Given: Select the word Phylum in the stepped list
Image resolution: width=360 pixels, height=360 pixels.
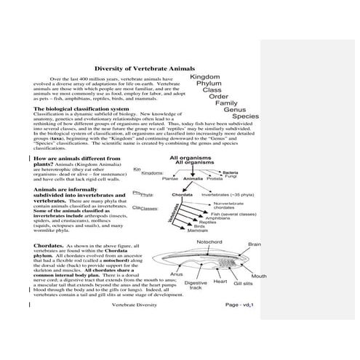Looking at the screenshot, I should click(x=212, y=84).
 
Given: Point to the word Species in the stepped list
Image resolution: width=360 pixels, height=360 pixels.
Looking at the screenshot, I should click(x=245, y=116).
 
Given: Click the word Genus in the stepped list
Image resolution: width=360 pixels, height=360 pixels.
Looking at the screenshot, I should click(x=236, y=110).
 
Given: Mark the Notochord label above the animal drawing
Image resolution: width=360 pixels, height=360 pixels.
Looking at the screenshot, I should click(x=209, y=241).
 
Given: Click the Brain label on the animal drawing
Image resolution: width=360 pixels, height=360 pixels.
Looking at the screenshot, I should click(x=254, y=245).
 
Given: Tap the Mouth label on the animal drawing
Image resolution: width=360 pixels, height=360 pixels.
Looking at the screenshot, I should click(x=259, y=276).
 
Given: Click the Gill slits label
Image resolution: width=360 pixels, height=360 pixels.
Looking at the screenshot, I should click(x=243, y=284).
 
